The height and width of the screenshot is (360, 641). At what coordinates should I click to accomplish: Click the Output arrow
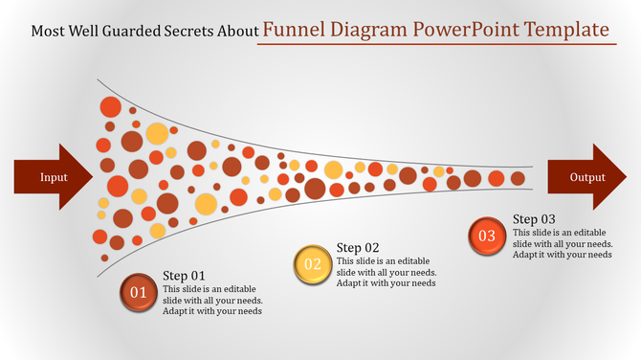pos(587,177)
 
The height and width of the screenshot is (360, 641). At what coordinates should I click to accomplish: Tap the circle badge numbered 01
pos(138,291)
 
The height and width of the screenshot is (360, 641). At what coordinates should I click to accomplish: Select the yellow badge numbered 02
pos(312,264)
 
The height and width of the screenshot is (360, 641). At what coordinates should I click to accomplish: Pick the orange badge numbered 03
pos(487,236)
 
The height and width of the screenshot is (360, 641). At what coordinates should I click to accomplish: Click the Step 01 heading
pos(184,276)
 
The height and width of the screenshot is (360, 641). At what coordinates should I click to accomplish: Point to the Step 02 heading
pos(359,247)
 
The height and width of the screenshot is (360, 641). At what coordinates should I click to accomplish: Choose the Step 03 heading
pos(534,218)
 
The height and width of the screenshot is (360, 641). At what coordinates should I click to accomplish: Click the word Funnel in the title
pos(292,29)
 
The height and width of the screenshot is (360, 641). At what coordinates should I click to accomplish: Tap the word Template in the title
pos(567,29)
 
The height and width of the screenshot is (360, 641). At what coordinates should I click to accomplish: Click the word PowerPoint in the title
pos(467,29)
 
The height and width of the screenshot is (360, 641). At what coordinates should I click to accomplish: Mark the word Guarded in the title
pos(122,31)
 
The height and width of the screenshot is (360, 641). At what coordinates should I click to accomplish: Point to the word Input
pos(54,177)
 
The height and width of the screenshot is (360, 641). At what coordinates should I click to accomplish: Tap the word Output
pos(587,177)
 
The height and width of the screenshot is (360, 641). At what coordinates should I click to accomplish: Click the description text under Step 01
pos(211,300)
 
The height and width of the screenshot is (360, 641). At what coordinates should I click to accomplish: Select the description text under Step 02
pos(387,272)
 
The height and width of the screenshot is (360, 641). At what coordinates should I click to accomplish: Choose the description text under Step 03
pos(562,243)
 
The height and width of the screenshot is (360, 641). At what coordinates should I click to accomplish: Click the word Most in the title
pos(48,31)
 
